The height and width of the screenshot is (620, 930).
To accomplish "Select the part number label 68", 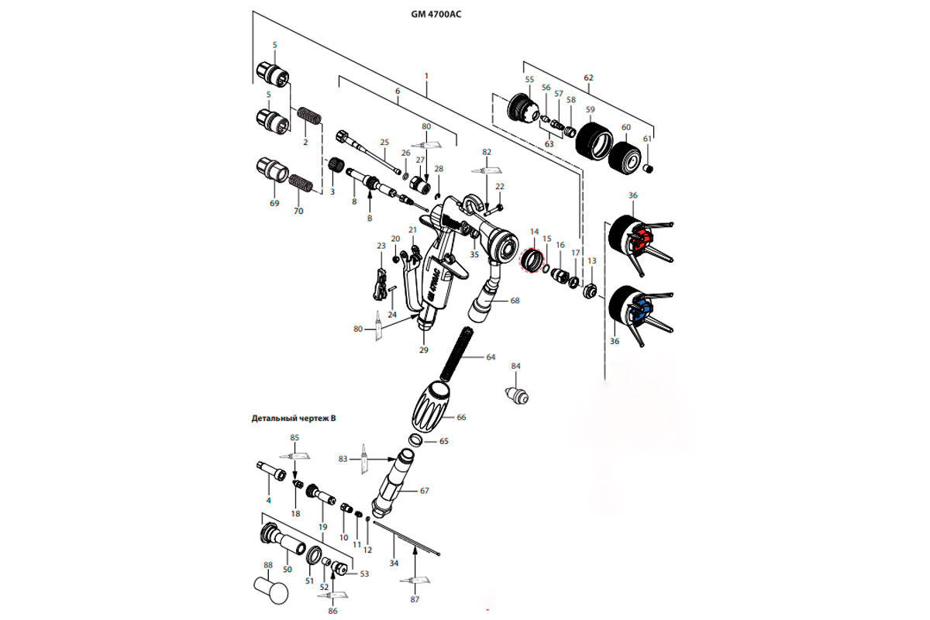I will [514, 300].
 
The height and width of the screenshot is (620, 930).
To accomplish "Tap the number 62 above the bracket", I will [588, 78].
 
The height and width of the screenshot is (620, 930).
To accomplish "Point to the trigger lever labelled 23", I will [380, 282].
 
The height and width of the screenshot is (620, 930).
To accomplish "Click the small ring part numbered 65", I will [415, 440].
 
